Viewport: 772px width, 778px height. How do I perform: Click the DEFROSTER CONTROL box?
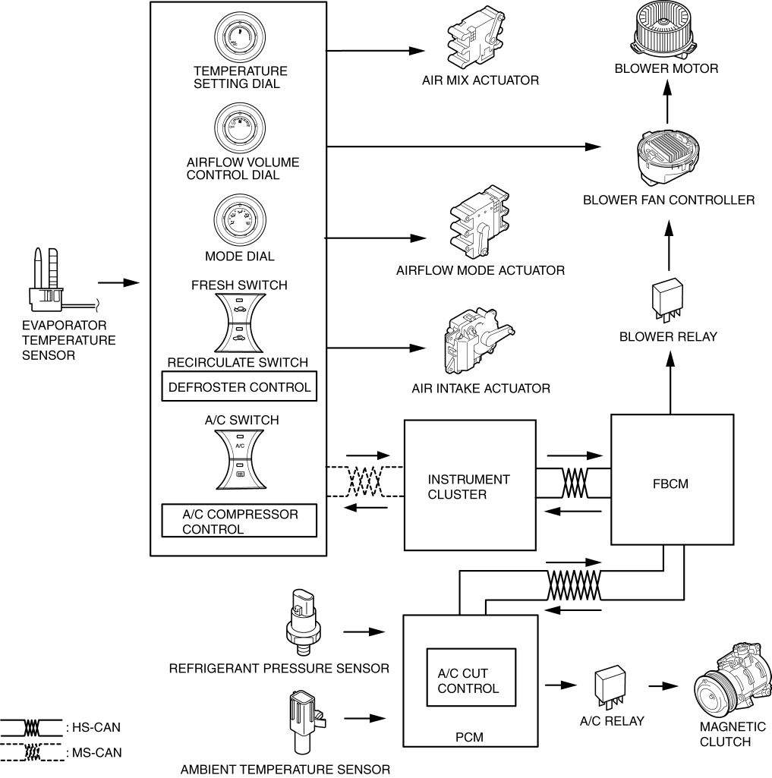[x=239, y=387]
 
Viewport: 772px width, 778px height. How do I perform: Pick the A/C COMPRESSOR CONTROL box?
[x=239, y=522]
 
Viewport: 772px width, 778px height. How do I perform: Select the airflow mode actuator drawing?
[x=478, y=223]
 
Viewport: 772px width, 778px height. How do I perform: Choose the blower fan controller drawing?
[x=668, y=155]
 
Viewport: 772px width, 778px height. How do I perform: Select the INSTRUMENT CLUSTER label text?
[x=468, y=487]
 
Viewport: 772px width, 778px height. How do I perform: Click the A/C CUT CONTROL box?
[x=471, y=682]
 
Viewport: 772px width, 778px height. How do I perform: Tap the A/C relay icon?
[x=611, y=687]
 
